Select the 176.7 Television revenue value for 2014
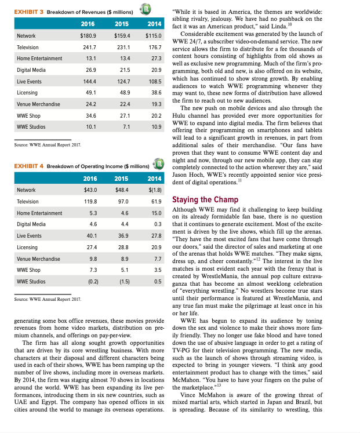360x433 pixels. click(x=154, y=48)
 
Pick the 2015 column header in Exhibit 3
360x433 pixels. click(x=121, y=24)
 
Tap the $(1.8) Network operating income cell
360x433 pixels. click(x=154, y=190)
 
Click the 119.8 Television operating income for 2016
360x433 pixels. click(x=90, y=201)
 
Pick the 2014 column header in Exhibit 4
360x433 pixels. click(x=154, y=177)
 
